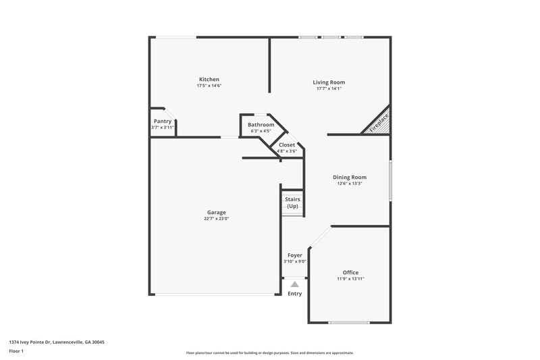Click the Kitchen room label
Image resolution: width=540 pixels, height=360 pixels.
[x=209, y=79]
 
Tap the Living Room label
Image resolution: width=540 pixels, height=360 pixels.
[x=329, y=82]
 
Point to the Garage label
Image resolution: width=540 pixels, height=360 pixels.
[x=216, y=212]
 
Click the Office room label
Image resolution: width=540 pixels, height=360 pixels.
[x=350, y=272]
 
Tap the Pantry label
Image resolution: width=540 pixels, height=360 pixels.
[x=162, y=121]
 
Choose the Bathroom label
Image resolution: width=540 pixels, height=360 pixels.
[x=261, y=125]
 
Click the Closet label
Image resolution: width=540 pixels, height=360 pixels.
[x=287, y=145]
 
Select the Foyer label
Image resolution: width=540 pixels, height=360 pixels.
[x=294, y=255]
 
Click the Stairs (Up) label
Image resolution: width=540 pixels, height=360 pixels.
[x=292, y=202]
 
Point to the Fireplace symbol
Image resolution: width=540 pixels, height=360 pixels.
[x=379, y=123]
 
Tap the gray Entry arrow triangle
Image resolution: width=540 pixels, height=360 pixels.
[x=294, y=285]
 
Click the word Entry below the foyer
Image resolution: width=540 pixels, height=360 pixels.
[x=294, y=293]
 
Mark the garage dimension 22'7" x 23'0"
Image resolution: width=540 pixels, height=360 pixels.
[x=216, y=219]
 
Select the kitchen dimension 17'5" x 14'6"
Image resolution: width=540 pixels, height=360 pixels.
[x=209, y=86]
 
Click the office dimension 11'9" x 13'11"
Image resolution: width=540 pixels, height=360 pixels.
[x=350, y=279]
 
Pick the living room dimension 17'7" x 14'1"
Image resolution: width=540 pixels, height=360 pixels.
[x=329, y=89]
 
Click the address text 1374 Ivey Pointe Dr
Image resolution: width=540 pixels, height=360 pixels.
[x=57, y=342]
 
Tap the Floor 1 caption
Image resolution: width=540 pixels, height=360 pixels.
[x=16, y=352]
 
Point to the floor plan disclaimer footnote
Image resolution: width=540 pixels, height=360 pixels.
[x=269, y=353]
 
